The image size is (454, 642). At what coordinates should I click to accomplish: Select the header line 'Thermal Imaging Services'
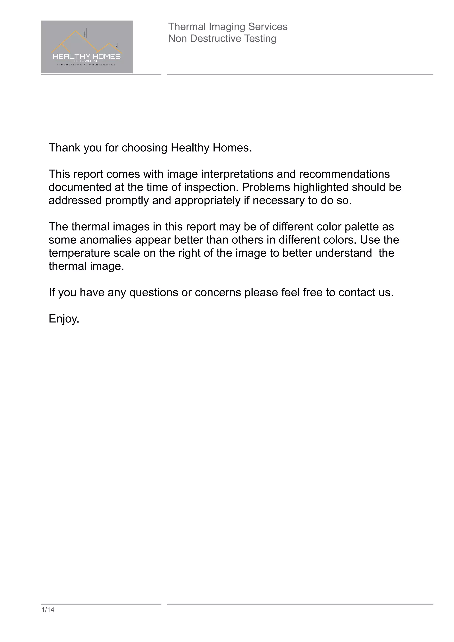(x=228, y=27)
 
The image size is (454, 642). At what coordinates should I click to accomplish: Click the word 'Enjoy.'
(x=64, y=319)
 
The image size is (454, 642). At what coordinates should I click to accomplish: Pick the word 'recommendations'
(x=344, y=174)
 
